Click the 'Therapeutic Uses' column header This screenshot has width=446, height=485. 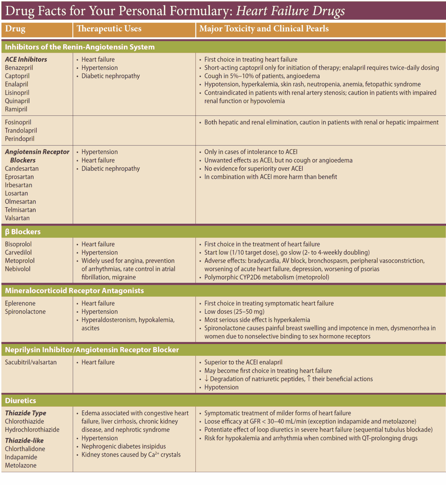pyautogui.click(x=109, y=29)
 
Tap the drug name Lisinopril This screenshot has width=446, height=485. pyautogui.click(x=17, y=92)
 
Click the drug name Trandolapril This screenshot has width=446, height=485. pyautogui.click(x=21, y=131)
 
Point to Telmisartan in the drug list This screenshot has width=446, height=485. pyautogui.click(x=20, y=210)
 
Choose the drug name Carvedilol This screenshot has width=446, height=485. pyautogui.click(x=18, y=253)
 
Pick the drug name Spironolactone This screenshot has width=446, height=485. pyautogui.click(x=25, y=312)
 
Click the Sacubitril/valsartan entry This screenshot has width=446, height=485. pyautogui.click(x=31, y=362)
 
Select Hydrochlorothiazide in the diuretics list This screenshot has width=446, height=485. pyautogui.click(x=32, y=430)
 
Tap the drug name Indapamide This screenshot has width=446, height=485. pyautogui.click(x=21, y=457)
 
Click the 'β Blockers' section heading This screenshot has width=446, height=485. pyautogui.click(x=23, y=232)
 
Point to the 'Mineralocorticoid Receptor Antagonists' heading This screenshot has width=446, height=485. pyautogui.click(x=74, y=291)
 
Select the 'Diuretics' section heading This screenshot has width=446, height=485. pyautogui.click(x=20, y=401)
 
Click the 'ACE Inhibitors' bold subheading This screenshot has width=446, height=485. pyautogui.click(x=26, y=60)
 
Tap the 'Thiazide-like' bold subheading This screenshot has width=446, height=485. pyautogui.click(x=24, y=441)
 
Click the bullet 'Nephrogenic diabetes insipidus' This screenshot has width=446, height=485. pyautogui.click(x=124, y=447)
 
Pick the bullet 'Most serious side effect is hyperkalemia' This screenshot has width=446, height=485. pyautogui.click(x=257, y=320)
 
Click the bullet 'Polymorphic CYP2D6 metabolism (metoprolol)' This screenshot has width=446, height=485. pyautogui.click(x=266, y=277)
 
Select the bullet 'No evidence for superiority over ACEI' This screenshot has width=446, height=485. pyautogui.click(x=254, y=169)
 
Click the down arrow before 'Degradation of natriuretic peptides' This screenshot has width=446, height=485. pyautogui.click(x=207, y=379)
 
